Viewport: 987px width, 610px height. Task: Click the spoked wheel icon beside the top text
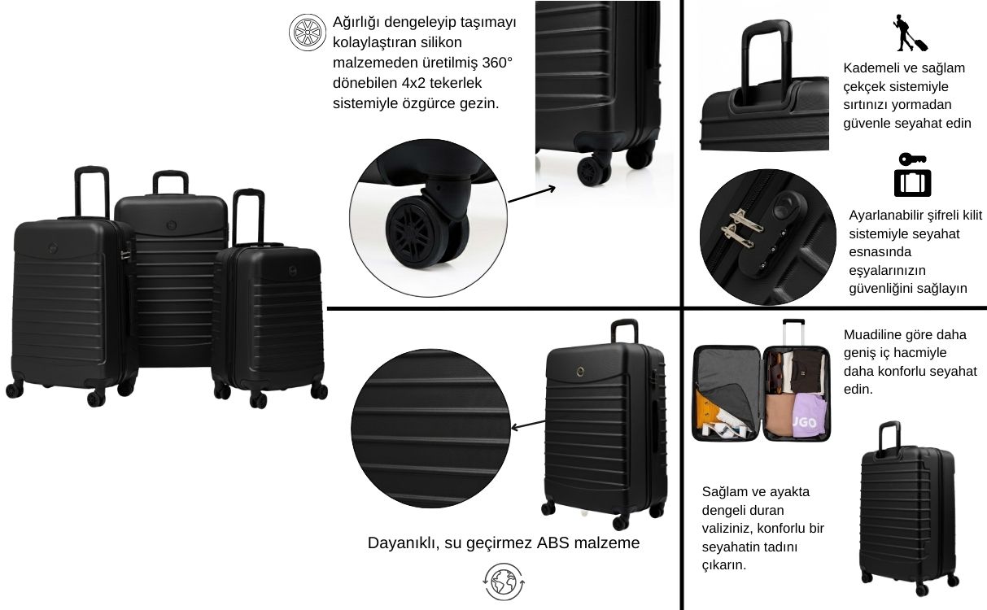point(308,33)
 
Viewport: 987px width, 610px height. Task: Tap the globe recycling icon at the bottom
point(504,582)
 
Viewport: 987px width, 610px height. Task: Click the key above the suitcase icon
point(912,159)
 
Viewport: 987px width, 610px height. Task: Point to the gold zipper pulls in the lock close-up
point(741,228)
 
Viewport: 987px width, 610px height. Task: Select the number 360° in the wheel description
point(497,63)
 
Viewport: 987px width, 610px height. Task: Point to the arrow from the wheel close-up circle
point(531,194)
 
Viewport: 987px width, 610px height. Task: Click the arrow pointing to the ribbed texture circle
point(528,425)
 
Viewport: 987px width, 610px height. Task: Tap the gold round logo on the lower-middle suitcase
point(580,372)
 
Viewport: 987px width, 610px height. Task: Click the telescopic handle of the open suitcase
point(793,332)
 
